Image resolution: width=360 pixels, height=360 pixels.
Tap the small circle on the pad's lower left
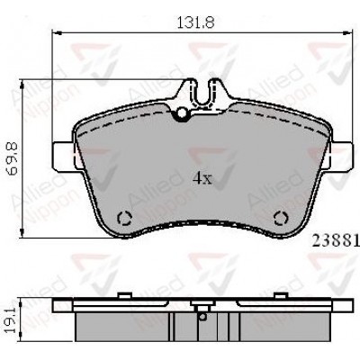click(x=126, y=218)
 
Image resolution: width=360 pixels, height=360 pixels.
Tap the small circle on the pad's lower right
click(x=280, y=218)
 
